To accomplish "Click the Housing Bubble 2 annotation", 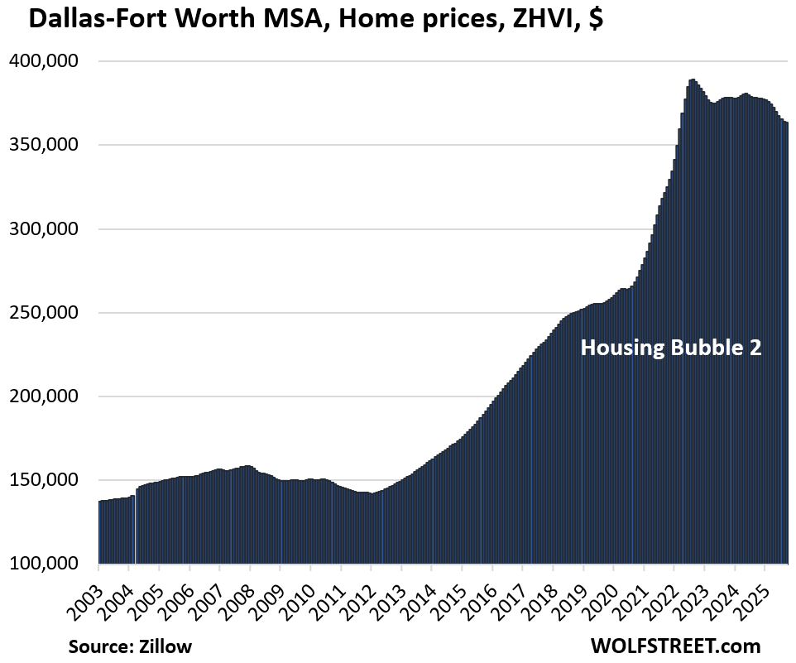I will pos(670,348).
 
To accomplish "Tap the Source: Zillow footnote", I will pos(130,646).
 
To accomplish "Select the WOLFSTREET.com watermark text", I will pos(675,646).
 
